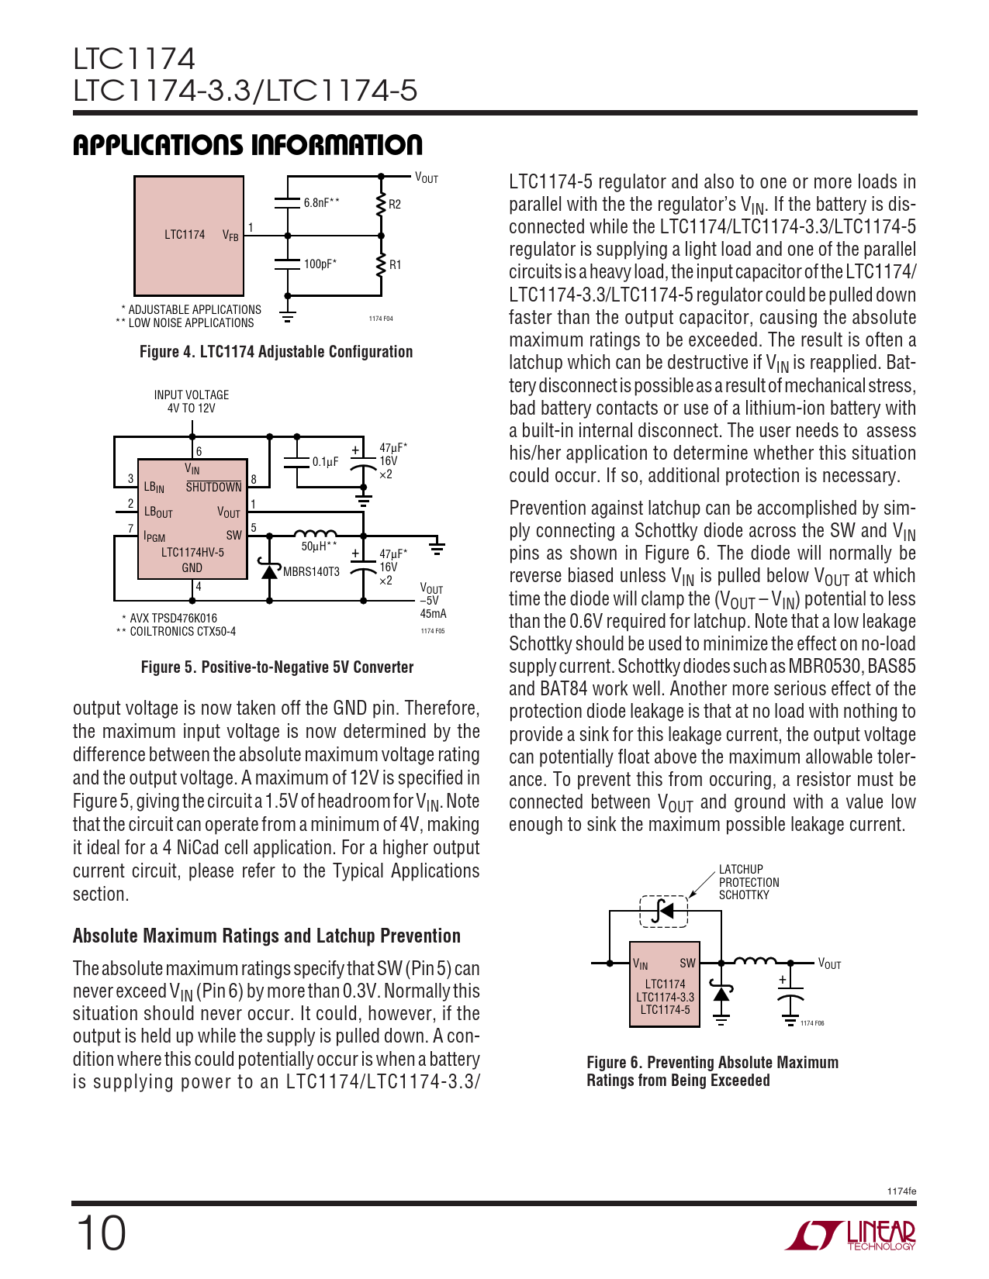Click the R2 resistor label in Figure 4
[x=395, y=205]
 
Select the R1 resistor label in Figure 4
[x=395, y=265]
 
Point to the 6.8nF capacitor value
[x=321, y=203]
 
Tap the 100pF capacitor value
[x=320, y=264]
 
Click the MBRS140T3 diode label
[x=311, y=572]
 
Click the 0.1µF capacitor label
[x=326, y=462]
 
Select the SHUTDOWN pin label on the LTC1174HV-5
[x=213, y=488]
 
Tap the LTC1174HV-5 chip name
[x=192, y=553]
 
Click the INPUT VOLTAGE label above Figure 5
[x=192, y=395]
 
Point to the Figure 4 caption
[x=276, y=352]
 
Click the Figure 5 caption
[x=277, y=667]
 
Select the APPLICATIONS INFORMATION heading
[x=247, y=145]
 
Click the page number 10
[x=100, y=1233]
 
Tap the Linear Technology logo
[x=851, y=1236]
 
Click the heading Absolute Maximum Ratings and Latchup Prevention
[x=267, y=936]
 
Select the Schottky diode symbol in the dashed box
[x=663, y=911]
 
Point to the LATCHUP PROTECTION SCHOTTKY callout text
[x=749, y=882]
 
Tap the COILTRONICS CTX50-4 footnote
[x=182, y=632]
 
